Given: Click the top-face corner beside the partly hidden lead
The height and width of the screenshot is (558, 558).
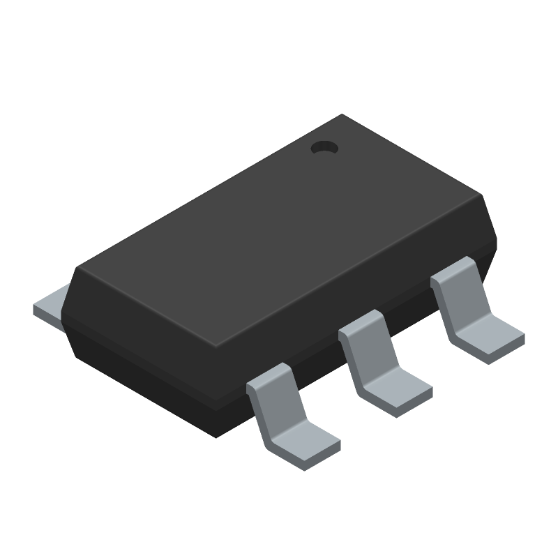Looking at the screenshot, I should click(x=78, y=268).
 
